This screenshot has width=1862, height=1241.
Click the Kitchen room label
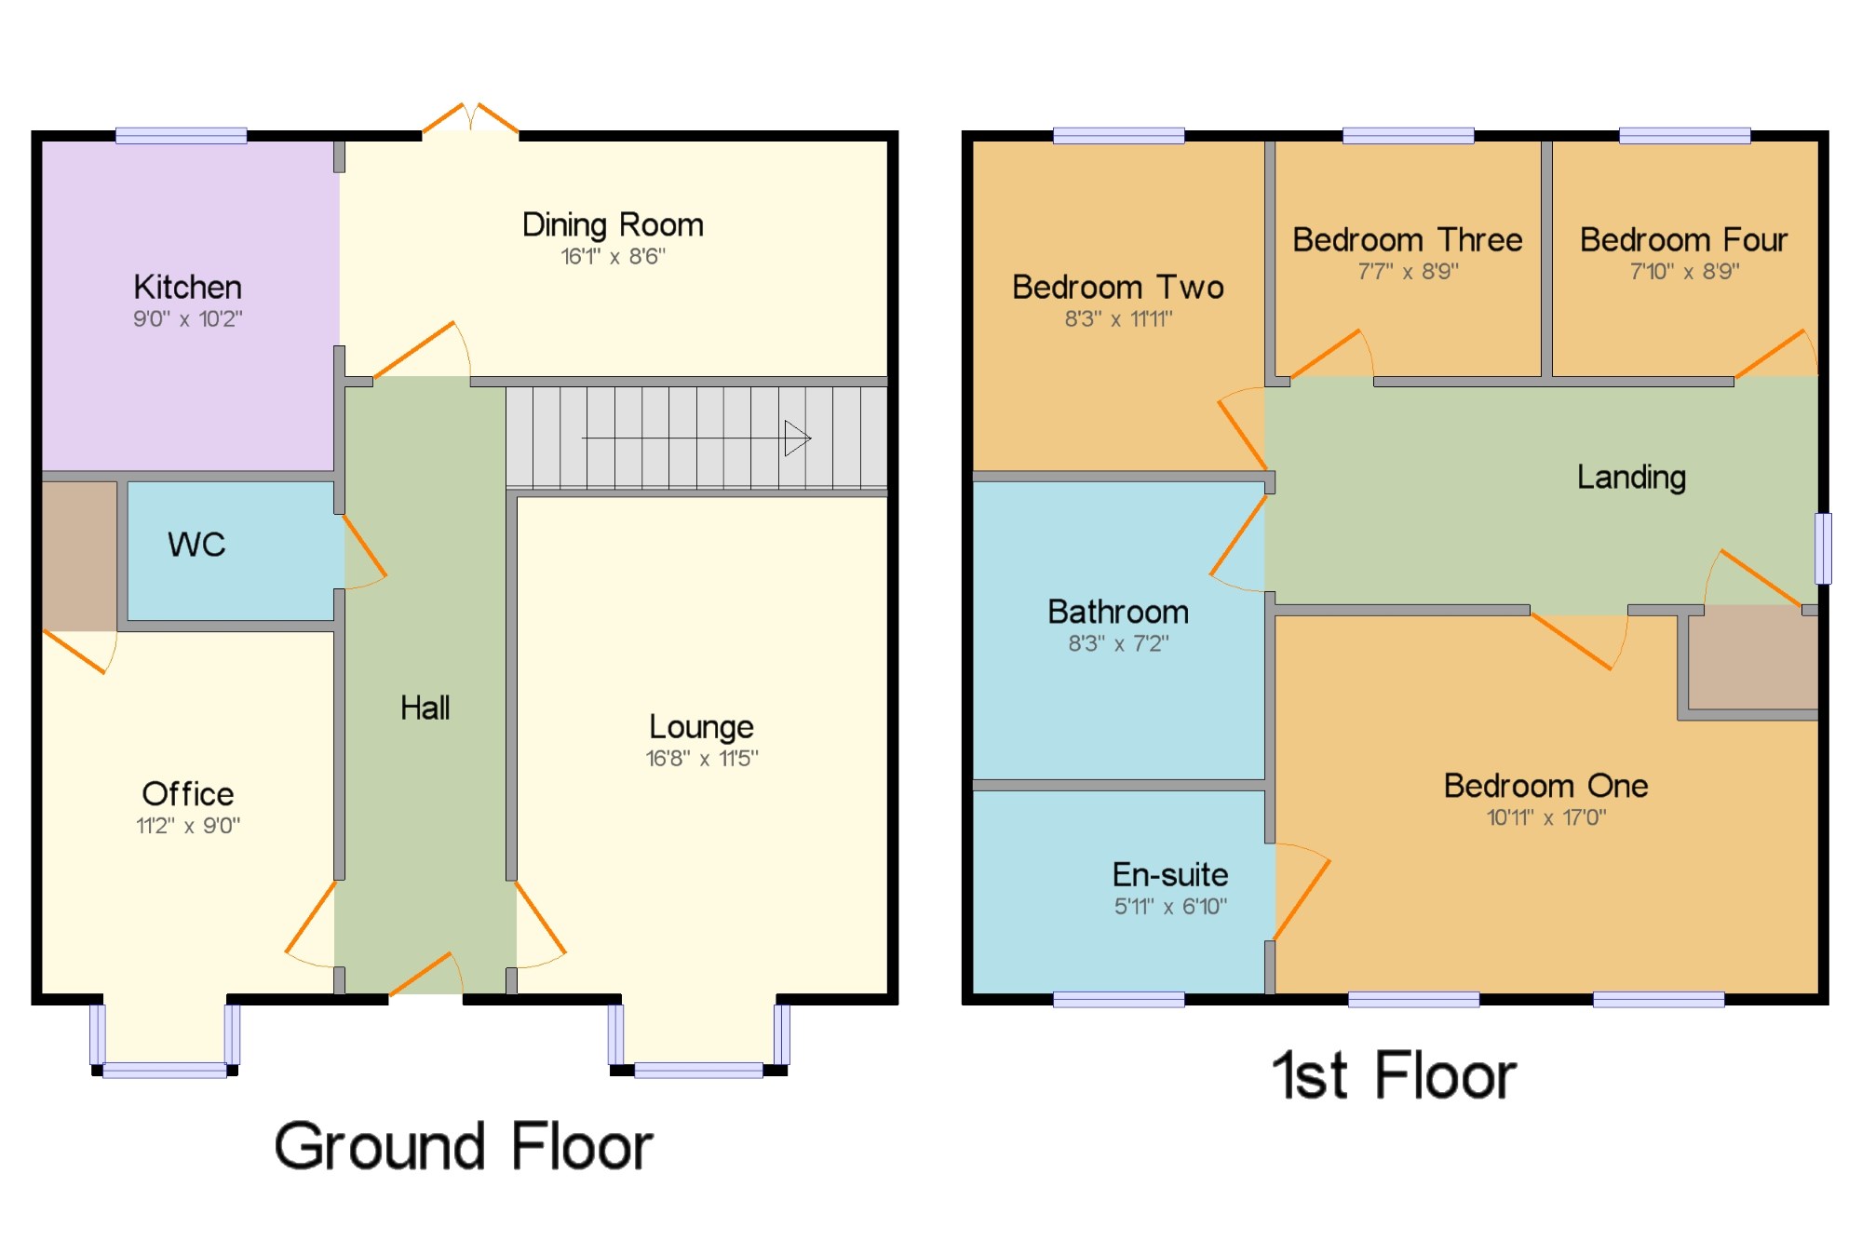[187, 287]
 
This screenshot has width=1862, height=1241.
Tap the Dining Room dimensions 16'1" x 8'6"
[613, 256]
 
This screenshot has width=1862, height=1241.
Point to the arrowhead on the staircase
[798, 438]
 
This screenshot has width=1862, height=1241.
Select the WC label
[196, 545]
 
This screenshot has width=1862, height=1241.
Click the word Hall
[425, 708]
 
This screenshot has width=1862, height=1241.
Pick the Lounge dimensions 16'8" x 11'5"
[702, 759]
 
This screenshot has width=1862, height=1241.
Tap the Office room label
[188, 794]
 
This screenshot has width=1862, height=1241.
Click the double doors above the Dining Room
[470, 120]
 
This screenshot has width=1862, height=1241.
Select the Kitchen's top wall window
[182, 136]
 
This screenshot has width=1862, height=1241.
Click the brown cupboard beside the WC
[80, 556]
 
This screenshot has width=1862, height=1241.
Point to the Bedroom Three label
[1408, 240]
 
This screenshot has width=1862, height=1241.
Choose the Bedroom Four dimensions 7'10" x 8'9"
[1684, 272]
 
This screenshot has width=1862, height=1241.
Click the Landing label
[1631, 478]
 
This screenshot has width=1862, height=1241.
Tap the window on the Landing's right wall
[1824, 548]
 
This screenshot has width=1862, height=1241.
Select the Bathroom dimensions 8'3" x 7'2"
[1118, 643]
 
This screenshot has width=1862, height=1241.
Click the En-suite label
[1170, 875]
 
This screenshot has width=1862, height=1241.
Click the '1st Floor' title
[1394, 1076]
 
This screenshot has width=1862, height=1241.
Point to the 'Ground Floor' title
[463, 1146]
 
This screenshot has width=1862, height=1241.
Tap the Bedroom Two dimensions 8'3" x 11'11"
[1118, 319]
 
